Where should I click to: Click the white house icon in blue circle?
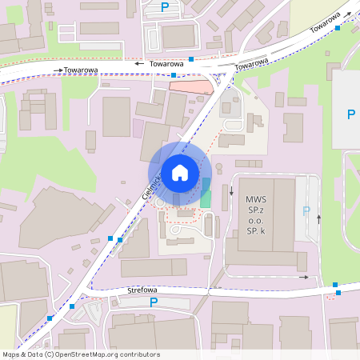[180, 172]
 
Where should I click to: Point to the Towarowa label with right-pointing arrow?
[80, 70]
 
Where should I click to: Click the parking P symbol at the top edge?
[165, 7]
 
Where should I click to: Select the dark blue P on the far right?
[350, 114]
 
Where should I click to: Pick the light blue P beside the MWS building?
[306, 211]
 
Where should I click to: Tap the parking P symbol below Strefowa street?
[154, 302]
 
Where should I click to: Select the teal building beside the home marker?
[206, 194]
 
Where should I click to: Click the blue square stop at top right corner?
[338, 28]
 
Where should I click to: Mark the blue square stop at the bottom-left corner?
[50, 318]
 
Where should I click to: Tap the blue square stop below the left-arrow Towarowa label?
[174, 74]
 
